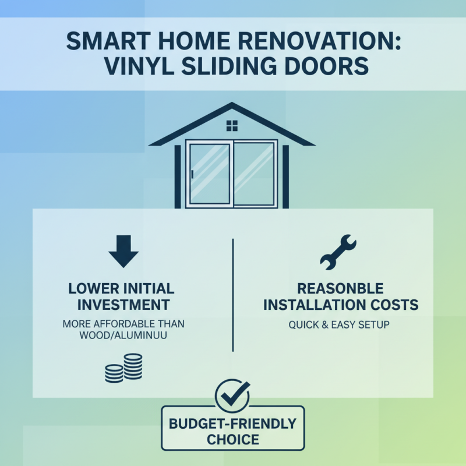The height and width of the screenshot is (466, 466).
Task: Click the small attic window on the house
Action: (232, 126)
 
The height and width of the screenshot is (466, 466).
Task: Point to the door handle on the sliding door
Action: (192, 174)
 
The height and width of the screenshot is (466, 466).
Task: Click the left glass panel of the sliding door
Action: (210, 173)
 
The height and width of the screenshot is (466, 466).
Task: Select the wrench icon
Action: (338, 252)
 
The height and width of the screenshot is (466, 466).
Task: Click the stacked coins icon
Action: (123, 368)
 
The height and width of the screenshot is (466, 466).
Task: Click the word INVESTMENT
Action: (123, 304)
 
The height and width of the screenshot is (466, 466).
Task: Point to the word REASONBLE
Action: (341, 289)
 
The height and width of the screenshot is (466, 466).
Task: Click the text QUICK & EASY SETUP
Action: (341, 324)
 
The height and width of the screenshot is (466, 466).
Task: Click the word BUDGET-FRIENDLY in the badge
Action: (232, 423)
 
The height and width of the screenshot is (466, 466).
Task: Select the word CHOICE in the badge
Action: (232, 439)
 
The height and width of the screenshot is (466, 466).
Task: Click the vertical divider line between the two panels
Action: (233, 294)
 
